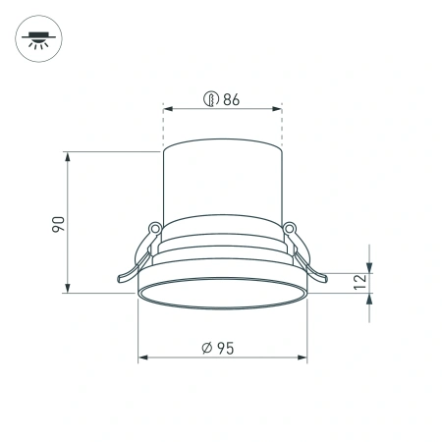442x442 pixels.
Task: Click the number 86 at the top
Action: pyautogui.click(x=232, y=98)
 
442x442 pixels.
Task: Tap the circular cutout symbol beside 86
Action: pyautogui.click(x=209, y=98)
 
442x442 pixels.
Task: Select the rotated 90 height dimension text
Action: pyautogui.click(x=58, y=223)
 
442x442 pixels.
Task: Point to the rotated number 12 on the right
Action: pyautogui.click(x=359, y=282)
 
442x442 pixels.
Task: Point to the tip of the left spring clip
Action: pyautogui.click(x=120, y=281)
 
